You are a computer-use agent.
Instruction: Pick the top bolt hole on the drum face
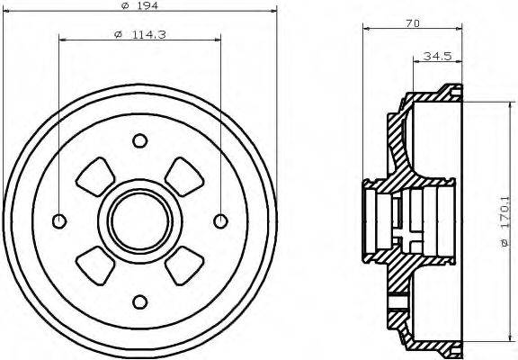(138, 140)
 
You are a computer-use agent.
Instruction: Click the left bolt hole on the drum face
(59, 220)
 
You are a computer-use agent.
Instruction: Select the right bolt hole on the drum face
(219, 220)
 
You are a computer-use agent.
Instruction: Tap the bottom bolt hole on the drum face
(138, 300)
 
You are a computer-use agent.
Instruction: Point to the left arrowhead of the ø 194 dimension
(10, 12)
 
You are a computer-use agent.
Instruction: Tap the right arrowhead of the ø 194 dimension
(267, 12)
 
